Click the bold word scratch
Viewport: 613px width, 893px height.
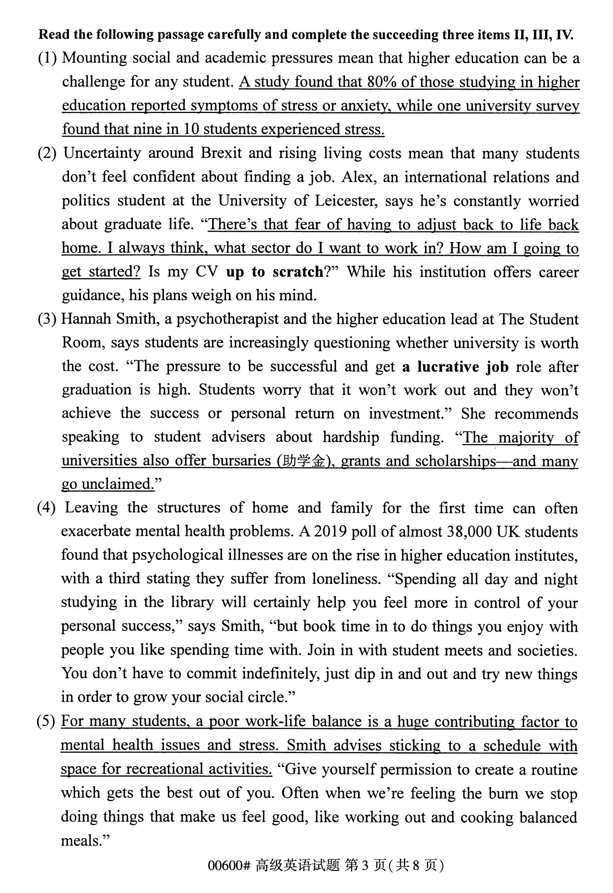[298, 272]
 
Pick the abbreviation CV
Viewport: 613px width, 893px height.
[207, 272]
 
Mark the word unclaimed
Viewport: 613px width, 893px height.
[118, 484]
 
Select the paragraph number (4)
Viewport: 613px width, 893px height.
[46, 507]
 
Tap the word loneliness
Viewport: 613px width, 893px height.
[346, 578]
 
